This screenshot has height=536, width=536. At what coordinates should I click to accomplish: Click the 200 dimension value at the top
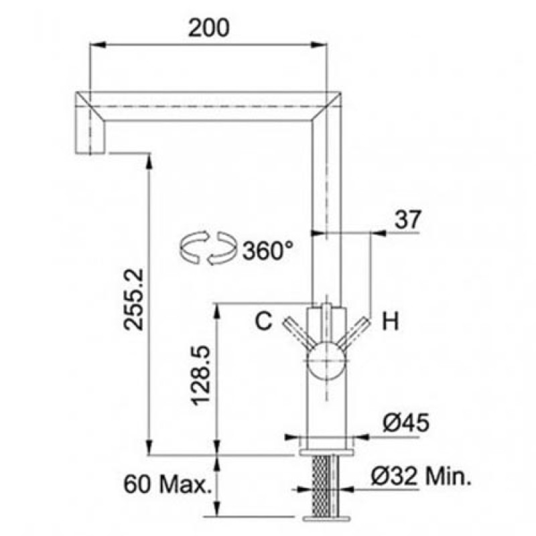pos(209,27)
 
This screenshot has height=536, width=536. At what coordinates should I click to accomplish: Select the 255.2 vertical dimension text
pos(133,299)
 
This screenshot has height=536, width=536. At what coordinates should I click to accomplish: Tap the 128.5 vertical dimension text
pos(200,376)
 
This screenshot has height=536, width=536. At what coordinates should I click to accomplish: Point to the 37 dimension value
pos(408,220)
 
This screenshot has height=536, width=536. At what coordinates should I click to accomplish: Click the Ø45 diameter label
pos(406,423)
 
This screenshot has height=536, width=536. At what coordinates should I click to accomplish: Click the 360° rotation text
pos(267,250)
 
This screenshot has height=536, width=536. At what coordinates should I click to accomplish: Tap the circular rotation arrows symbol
pos(208,248)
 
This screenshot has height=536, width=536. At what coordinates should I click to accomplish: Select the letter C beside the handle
pos(264,321)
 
